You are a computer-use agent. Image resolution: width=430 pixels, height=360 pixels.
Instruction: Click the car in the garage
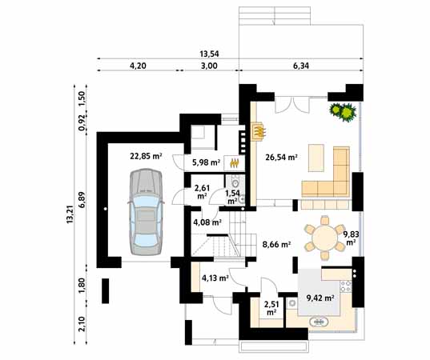coord(144,214)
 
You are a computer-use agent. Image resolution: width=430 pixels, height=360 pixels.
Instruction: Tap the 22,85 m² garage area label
coord(146,157)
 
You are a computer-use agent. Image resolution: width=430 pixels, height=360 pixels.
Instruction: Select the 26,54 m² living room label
coord(281,158)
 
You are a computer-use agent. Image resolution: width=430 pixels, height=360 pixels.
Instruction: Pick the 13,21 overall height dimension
coord(70,214)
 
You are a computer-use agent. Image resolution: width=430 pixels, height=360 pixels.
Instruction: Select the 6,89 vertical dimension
coord(82,197)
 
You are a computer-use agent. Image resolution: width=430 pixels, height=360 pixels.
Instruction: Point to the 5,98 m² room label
coord(206,163)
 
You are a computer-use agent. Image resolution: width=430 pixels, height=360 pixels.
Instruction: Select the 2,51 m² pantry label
coord(271,307)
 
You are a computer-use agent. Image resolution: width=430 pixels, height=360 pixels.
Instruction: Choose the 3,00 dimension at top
coord(210,67)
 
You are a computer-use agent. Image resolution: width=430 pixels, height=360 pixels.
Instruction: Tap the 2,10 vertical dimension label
coord(82,324)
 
